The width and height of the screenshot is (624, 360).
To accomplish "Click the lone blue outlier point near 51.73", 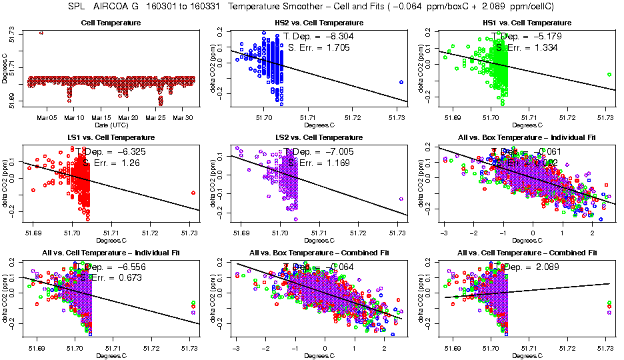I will coord(401,82).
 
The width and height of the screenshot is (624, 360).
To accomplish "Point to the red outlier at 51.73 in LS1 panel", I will coord(193,193).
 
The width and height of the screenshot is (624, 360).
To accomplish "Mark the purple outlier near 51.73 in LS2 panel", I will coord(401,199).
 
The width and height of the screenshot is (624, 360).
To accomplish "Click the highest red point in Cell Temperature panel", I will coord(42,32).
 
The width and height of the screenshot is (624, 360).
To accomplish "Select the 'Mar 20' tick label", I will coord(129,117).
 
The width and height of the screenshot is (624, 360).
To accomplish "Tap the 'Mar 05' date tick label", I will coord(47,117).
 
